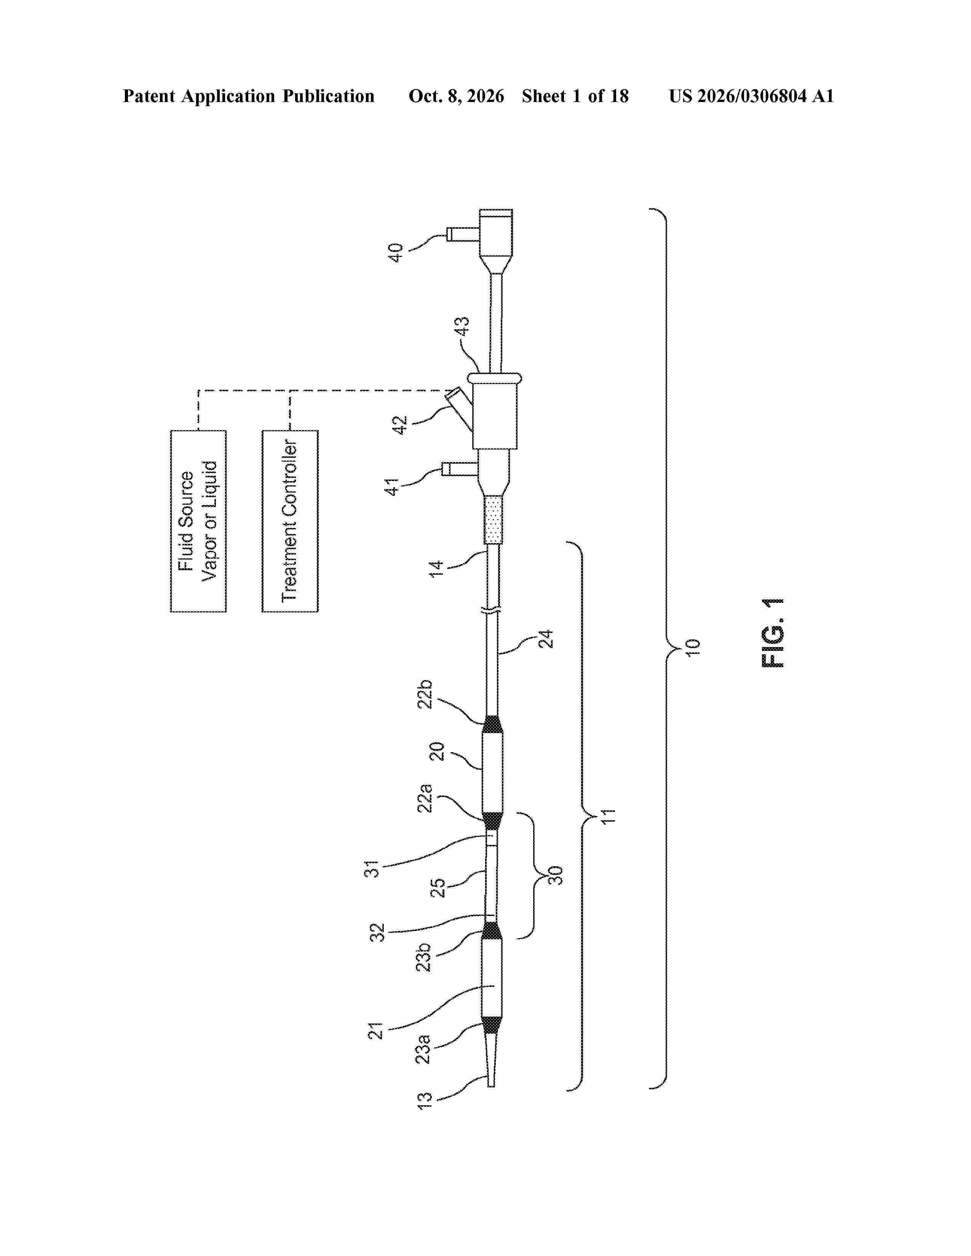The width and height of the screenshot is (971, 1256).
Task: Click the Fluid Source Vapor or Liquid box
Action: (198, 521)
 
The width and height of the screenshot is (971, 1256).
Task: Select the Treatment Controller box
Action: (290, 521)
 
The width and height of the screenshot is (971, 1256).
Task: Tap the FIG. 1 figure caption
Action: (773, 633)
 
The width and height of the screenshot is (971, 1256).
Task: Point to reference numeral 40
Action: (395, 253)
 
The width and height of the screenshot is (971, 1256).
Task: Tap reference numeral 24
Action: (545, 639)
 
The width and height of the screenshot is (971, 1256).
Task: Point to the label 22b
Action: (425, 694)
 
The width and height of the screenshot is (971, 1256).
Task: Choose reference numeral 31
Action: (373, 869)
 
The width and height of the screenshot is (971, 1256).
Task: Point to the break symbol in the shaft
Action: (493, 613)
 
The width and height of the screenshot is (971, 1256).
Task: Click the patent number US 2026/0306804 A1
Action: (751, 96)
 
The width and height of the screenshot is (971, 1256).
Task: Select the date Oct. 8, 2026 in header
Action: (456, 96)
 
